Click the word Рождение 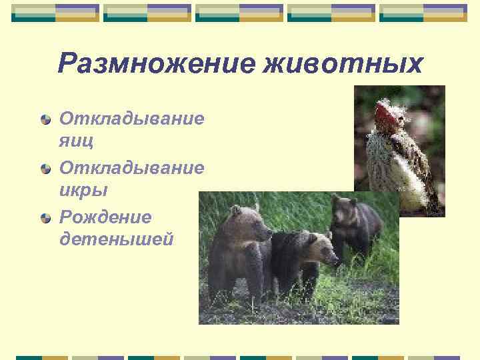(x=105, y=217)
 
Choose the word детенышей (x=116, y=238)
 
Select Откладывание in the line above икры (x=131, y=167)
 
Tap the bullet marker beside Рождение (x=45, y=218)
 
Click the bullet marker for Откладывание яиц (x=45, y=120)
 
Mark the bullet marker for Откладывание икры (x=45, y=169)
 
